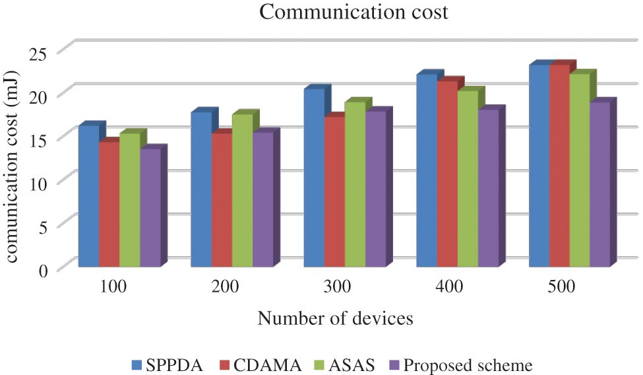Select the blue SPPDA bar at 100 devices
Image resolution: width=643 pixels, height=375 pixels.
[x=88, y=196]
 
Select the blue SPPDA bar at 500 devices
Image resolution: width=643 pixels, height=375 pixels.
[x=539, y=166]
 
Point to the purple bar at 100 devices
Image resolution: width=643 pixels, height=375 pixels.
[x=150, y=207]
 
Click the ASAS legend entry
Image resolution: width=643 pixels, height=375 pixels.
[x=347, y=364]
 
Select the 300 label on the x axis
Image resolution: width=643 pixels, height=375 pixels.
[x=340, y=287]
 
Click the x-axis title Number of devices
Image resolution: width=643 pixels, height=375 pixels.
[x=335, y=319]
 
